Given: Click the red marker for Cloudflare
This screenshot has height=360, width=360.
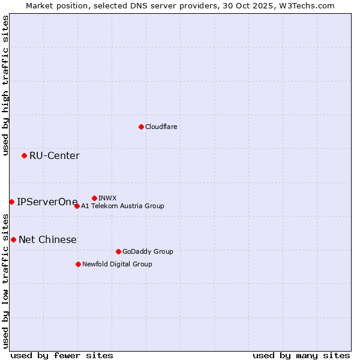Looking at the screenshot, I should click(141, 127).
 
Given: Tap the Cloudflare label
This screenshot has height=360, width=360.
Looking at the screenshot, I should click(161, 127).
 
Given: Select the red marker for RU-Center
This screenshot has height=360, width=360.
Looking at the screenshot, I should click(24, 156).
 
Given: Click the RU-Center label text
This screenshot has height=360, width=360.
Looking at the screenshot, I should click(54, 156).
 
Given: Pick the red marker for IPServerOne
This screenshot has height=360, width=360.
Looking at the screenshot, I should click(11, 202).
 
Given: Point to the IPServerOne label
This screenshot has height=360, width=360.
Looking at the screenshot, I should click(47, 202).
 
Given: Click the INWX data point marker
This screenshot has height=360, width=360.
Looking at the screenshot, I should click(94, 198).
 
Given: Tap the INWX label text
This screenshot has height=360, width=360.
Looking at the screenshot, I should click(107, 198).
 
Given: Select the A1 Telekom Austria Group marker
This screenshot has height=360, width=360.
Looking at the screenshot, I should click(77, 206).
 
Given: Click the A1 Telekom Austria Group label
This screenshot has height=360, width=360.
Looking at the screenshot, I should click(122, 206).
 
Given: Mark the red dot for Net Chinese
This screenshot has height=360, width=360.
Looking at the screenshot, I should click(13, 239).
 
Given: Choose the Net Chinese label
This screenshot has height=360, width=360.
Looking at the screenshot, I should click(47, 240).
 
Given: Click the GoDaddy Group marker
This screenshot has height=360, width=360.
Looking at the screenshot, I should click(118, 251).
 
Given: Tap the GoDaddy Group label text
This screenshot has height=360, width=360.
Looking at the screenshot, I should click(147, 251).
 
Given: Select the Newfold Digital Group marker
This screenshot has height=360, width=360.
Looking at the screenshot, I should click(78, 264).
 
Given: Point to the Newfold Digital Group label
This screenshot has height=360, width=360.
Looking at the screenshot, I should click(117, 264).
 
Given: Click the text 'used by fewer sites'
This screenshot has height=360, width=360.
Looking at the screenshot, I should click(62, 355).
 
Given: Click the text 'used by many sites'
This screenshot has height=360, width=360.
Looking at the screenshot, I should click(301, 355).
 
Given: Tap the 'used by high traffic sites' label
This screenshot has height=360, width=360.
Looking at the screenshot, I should click(5, 86).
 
